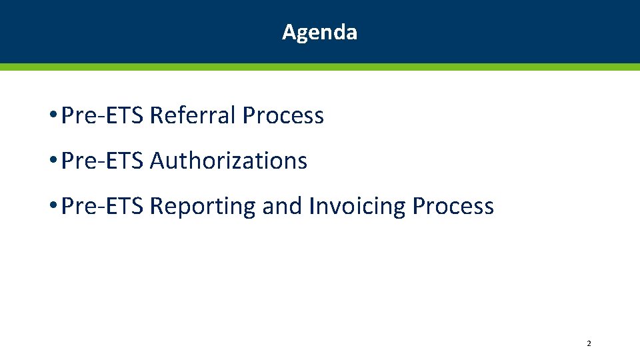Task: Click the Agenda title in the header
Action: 319,32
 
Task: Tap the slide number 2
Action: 589,343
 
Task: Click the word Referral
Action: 193,115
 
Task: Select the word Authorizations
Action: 229,161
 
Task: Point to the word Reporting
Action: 203,207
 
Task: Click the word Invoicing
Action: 357,206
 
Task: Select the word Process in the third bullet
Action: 453,206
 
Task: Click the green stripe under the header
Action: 320,67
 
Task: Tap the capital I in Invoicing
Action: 312,206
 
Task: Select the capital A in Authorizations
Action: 158,161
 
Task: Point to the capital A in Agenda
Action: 289,32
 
